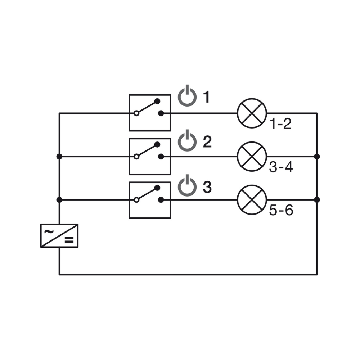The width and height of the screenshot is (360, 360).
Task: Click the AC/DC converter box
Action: [x=59, y=236]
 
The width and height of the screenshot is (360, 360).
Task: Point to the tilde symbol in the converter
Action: [x=49, y=231]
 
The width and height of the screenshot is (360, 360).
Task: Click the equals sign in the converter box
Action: [x=69, y=240]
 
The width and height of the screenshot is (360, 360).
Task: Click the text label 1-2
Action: [x=280, y=124]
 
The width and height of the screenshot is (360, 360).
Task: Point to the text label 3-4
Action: [x=281, y=167]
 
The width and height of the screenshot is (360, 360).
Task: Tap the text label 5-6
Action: [x=281, y=210]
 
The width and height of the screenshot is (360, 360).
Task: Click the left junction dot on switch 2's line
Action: [x=59, y=157]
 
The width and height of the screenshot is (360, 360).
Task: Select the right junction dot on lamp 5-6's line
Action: [x=317, y=200]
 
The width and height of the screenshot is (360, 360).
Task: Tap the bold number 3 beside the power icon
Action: [x=207, y=187]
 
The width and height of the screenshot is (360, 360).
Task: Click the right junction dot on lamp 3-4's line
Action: [x=317, y=157]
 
